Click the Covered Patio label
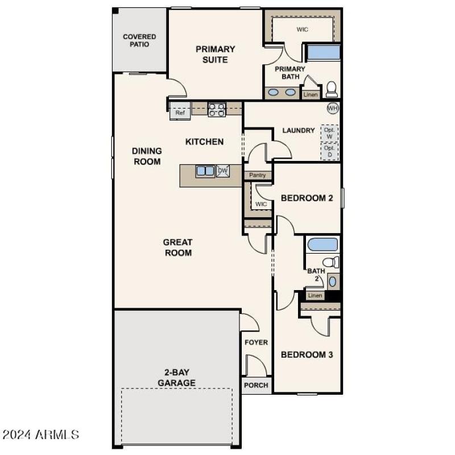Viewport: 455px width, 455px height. (x=139, y=40)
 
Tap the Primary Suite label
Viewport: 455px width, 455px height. (x=216, y=54)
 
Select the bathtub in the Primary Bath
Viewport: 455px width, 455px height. (x=323, y=52)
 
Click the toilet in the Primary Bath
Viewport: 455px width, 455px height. (x=331, y=89)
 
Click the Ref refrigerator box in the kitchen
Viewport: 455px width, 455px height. (x=180, y=113)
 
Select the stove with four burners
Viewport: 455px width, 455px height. (x=217, y=109)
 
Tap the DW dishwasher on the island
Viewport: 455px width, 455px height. (x=222, y=171)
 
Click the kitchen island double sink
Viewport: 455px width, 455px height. (x=205, y=171)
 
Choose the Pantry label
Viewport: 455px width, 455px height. (x=257, y=175)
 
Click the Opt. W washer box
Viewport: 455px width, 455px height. (x=329, y=133)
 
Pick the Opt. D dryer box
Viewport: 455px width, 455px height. (x=329, y=151)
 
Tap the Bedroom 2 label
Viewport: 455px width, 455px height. (x=307, y=198)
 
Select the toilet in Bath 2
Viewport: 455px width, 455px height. (x=332, y=262)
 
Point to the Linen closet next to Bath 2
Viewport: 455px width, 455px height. (x=315, y=295)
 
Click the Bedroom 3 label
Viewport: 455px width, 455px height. (x=307, y=354)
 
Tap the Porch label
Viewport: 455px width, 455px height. (x=256, y=385)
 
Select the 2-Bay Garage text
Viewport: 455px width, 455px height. (x=176, y=378)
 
